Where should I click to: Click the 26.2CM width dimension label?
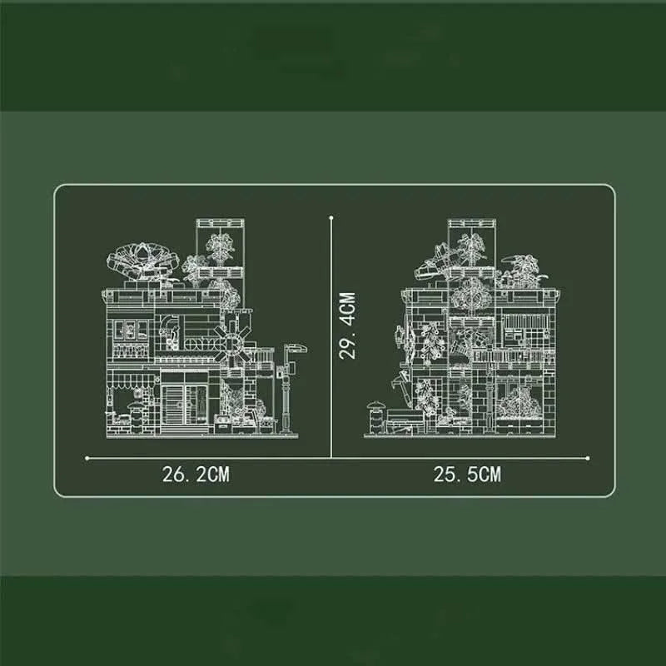[196, 474]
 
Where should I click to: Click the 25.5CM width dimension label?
[467, 474]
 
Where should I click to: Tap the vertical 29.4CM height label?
[347, 326]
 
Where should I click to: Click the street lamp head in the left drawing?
[296, 349]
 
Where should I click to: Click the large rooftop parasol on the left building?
[142, 259]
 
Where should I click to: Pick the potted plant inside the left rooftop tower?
[221, 248]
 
